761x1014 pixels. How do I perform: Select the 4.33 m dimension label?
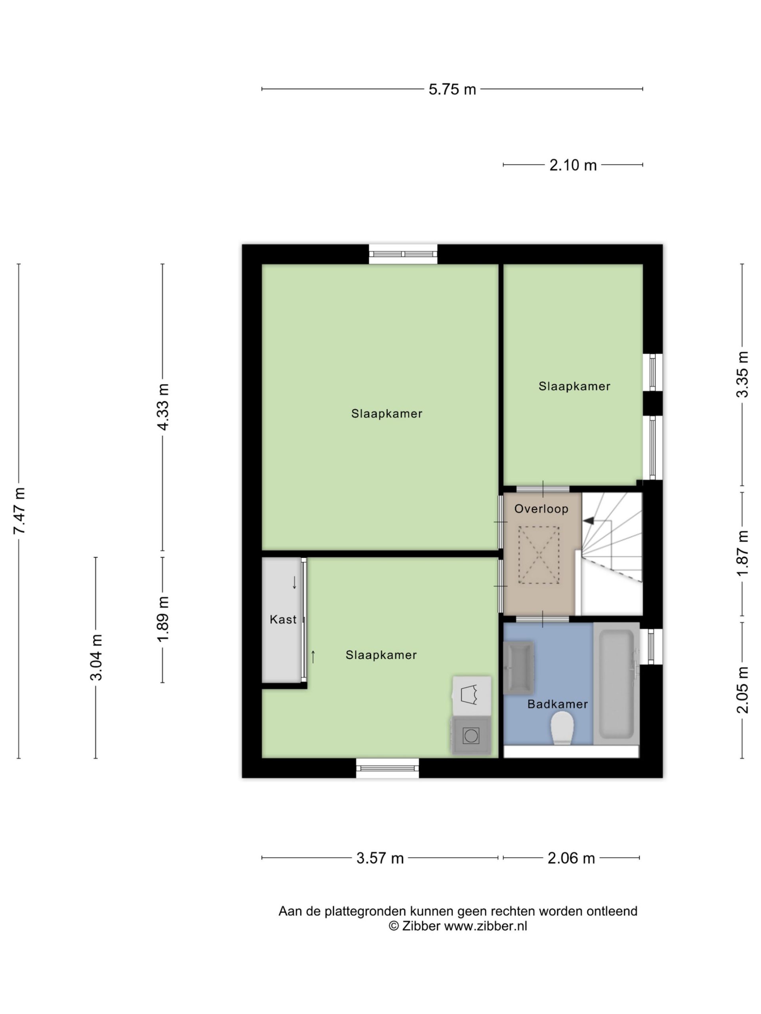[163, 407]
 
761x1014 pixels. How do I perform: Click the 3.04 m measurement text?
[96, 658]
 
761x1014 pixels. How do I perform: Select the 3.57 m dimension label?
[380, 858]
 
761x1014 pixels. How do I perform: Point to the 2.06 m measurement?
[571, 858]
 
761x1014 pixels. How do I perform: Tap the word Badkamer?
[557, 704]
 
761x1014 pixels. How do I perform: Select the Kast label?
[283, 619]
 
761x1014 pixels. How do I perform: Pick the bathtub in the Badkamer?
[616, 683]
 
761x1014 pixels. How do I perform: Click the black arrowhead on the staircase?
[589, 521]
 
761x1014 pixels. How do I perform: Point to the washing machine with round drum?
[471, 736]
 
